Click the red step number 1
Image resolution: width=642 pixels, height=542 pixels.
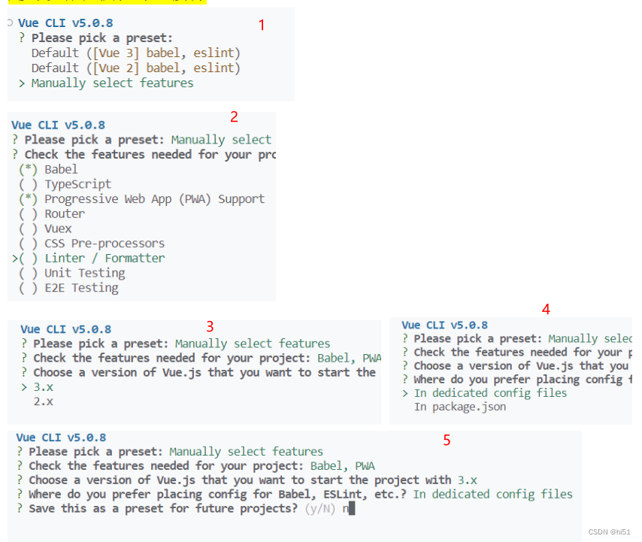click(262, 25)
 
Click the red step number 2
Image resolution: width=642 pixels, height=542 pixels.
click(234, 117)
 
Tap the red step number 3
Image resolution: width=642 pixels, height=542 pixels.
click(210, 326)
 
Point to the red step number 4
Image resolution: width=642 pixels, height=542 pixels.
click(546, 309)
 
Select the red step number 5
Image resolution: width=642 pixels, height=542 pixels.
click(447, 441)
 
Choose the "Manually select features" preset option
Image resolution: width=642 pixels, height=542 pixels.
click(112, 83)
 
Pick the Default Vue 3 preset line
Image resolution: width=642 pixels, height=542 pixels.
click(135, 53)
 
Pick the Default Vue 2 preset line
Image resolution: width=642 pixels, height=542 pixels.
click(135, 68)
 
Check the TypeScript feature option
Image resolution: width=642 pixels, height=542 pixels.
click(77, 184)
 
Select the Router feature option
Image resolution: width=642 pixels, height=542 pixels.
click(65, 213)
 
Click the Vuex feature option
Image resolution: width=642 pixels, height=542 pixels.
click(58, 229)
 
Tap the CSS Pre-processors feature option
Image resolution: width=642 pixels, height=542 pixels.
click(104, 244)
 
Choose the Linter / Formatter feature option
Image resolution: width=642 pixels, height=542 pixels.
click(104, 258)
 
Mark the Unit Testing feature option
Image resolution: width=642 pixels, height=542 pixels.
click(84, 273)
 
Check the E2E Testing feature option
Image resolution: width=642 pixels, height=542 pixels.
click(81, 288)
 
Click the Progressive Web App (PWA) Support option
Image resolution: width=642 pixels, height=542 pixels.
click(154, 199)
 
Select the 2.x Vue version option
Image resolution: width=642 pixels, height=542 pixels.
click(43, 401)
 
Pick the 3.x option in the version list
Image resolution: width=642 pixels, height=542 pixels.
click(43, 387)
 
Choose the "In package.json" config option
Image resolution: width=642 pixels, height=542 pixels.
click(459, 407)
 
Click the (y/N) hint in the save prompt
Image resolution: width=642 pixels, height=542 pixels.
click(321, 509)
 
